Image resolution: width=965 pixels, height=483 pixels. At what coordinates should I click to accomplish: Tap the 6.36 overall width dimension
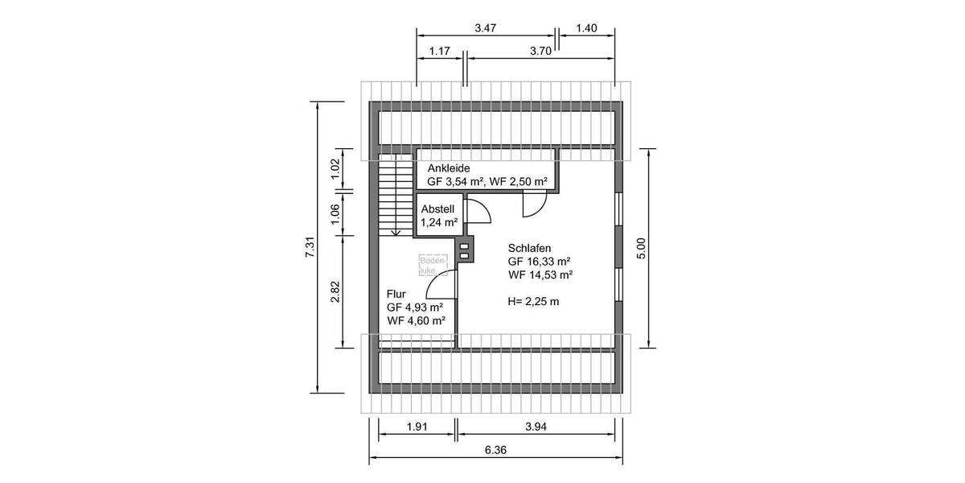495,451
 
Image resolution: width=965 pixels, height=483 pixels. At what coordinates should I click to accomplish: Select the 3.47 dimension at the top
485,27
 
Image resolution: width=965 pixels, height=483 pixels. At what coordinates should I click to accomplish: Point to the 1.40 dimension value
587,27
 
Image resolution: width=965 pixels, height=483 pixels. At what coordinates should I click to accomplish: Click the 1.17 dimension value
438,52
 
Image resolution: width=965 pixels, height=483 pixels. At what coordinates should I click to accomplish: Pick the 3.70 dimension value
540,52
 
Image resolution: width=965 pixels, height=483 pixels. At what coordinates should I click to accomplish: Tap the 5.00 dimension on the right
642,247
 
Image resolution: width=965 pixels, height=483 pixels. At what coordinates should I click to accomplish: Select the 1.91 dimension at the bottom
416,427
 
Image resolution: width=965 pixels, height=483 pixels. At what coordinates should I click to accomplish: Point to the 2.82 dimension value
336,291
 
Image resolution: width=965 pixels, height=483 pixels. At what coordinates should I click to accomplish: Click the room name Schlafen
529,249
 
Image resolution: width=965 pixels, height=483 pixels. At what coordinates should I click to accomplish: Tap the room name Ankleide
448,168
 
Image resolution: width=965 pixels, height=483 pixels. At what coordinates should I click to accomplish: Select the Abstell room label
437,208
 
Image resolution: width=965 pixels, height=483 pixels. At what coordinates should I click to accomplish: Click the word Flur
396,295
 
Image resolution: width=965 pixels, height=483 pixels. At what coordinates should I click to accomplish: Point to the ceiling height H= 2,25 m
533,302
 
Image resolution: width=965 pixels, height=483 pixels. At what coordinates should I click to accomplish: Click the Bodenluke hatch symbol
428,266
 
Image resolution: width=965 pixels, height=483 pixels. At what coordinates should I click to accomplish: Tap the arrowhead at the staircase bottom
395,232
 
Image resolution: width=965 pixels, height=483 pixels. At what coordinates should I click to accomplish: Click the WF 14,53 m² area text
540,275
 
